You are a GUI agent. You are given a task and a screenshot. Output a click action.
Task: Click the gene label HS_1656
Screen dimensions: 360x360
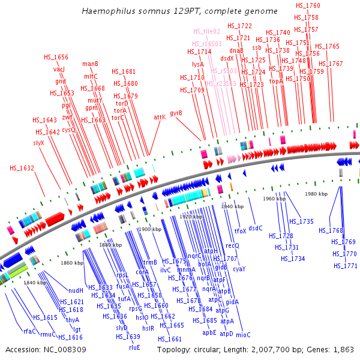56,57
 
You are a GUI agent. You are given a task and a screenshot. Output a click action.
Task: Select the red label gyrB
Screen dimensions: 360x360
176,113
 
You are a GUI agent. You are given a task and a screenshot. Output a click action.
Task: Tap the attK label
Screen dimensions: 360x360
160,117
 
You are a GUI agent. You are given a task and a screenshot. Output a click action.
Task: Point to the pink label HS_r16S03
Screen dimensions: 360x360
207,44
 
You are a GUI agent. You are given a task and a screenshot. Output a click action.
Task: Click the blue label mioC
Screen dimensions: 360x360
243,334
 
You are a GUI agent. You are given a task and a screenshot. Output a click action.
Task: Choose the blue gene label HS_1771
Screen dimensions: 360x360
346,266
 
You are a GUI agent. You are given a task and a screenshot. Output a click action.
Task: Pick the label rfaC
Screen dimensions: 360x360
30,331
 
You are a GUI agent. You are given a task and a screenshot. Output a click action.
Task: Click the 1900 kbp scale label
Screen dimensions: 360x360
146,229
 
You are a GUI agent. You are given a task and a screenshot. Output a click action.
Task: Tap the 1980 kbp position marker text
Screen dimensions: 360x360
316,194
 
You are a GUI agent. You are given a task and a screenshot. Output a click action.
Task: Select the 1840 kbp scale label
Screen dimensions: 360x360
34,282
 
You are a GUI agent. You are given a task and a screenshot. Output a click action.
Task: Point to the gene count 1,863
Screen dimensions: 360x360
342,349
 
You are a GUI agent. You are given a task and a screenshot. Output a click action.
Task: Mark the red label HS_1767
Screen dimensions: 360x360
331,64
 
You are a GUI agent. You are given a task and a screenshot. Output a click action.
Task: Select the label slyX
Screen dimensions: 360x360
40,143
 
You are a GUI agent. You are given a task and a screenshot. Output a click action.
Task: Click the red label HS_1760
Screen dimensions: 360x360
308,5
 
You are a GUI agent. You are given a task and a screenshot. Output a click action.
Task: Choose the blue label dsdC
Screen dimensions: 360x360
256,228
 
